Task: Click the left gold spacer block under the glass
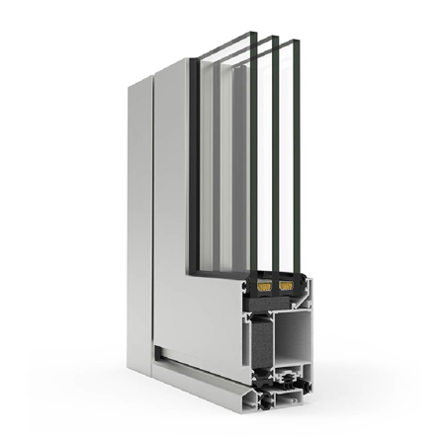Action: coord(264,287)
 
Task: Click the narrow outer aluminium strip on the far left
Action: coord(138,227)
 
